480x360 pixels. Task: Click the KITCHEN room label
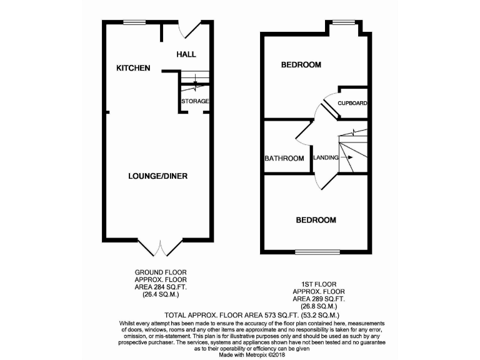point(133,67)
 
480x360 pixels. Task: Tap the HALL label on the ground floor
point(186,54)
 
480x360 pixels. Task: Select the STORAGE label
point(195,101)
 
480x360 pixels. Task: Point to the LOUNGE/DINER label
point(158,176)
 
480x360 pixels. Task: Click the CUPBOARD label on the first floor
point(352,103)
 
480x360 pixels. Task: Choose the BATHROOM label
point(284,158)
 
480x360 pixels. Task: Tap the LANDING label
point(326,157)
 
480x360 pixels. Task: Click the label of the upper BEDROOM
point(301,64)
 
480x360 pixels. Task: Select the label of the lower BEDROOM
point(316,220)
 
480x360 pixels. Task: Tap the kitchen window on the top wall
point(133,22)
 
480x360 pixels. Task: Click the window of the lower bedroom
point(314,252)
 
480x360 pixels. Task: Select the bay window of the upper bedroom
point(342,23)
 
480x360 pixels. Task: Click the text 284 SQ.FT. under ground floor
point(167,287)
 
